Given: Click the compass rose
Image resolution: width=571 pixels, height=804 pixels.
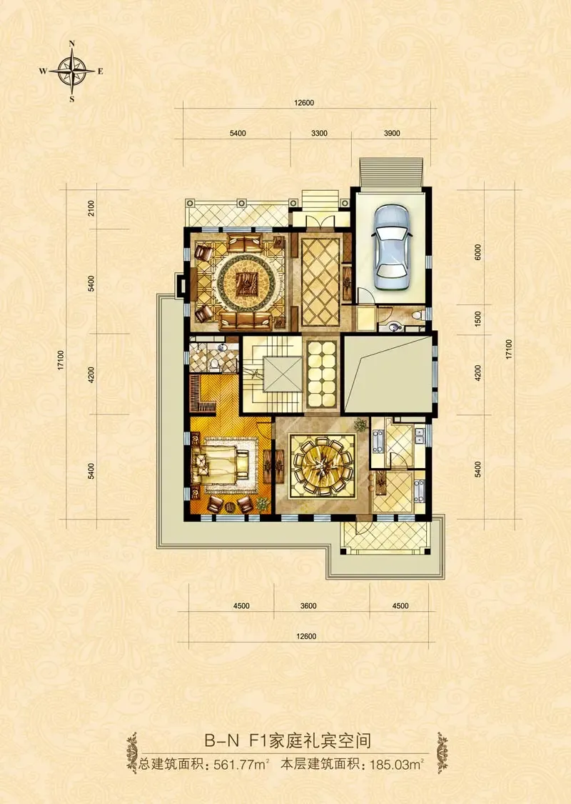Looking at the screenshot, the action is pyautogui.click(x=72, y=71).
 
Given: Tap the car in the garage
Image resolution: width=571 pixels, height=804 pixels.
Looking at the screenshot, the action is pyautogui.click(x=392, y=247).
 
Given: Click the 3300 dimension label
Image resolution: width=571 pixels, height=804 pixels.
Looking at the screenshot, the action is pyautogui.click(x=319, y=134).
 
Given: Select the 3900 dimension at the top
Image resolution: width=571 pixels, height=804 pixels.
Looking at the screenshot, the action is pyautogui.click(x=392, y=134).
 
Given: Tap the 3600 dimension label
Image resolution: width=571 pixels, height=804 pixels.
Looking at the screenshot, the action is pyautogui.click(x=308, y=605).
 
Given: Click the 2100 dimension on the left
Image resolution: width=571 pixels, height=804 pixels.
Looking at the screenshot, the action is pyautogui.click(x=91, y=208).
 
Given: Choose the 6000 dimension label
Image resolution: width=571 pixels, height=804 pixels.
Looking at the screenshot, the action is pyautogui.click(x=478, y=252).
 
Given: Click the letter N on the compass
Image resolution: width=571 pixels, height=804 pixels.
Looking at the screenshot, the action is pyautogui.click(x=72, y=44).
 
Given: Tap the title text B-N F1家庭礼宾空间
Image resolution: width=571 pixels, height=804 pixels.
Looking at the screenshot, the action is pyautogui.click(x=288, y=741).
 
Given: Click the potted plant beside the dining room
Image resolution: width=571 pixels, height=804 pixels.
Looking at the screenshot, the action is pyautogui.click(x=362, y=425).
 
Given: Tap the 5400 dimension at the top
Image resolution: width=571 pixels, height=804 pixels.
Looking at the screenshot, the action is pyautogui.click(x=238, y=134).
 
